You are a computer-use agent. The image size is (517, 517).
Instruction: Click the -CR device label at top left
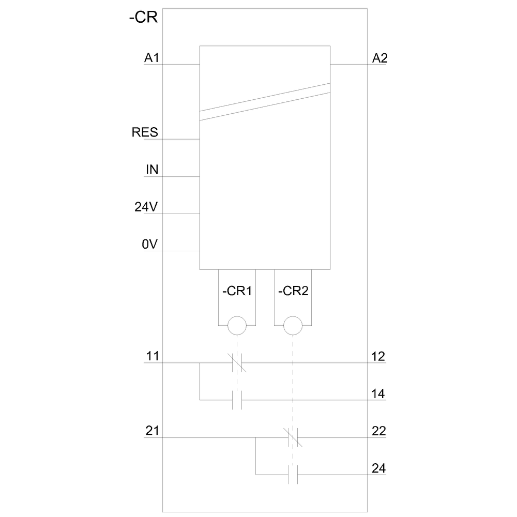pos(143,17)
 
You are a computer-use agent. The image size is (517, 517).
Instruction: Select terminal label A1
pos(151,58)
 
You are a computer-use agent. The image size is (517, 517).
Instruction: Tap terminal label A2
pos(379,58)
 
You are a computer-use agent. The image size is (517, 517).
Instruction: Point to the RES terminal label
pos(145,132)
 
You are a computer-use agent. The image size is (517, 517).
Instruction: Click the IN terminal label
pos(152,170)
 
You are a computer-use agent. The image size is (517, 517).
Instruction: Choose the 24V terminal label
pos(146,207)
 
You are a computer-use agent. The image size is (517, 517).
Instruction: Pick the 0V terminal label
pos(150,244)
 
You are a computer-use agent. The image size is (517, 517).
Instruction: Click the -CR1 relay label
pos(237,291)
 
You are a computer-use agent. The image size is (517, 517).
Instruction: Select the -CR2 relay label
pos(293,291)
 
